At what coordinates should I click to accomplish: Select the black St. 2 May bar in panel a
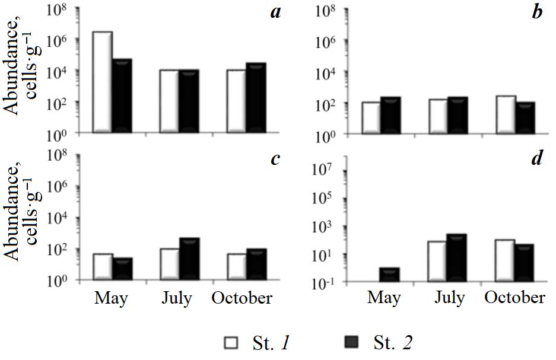122,95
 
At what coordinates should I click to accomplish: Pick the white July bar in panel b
439,116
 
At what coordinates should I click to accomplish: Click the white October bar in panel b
506,114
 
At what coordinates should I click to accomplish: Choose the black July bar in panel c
189,259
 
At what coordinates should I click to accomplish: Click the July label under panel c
176,298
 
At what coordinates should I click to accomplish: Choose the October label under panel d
514,298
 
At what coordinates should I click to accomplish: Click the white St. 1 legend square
230,343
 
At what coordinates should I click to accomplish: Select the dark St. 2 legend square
351,343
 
